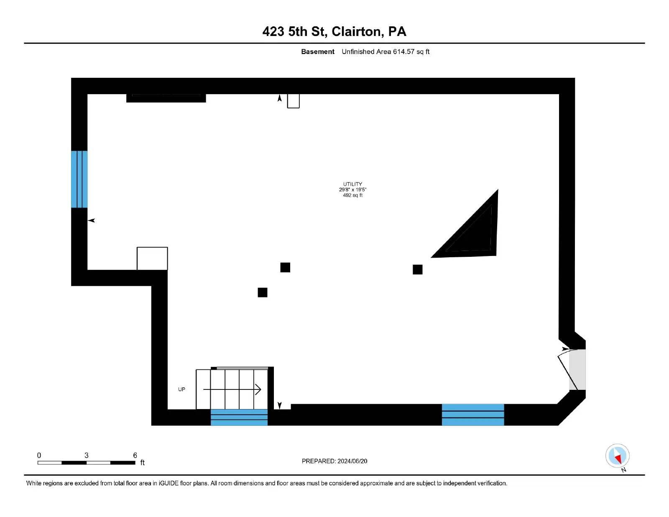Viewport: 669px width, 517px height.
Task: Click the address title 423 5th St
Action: [x=294, y=32]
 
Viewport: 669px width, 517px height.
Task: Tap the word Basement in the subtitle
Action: [x=317, y=52]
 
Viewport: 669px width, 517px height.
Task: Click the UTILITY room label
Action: [x=352, y=184]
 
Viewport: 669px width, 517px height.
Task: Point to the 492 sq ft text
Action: [x=352, y=195]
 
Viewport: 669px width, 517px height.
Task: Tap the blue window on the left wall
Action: [x=79, y=179]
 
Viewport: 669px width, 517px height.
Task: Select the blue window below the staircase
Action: [x=239, y=417]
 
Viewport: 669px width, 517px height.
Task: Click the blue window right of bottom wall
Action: [x=472, y=415]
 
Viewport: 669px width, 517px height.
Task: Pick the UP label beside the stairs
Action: [x=181, y=389]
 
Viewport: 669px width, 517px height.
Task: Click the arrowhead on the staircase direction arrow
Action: [x=258, y=389]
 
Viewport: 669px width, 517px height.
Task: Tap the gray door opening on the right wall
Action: [x=577, y=369]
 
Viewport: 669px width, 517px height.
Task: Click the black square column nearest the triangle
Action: [x=417, y=269]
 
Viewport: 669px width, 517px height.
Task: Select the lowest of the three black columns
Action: [x=262, y=292]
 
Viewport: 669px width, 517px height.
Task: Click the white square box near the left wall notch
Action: [x=152, y=258]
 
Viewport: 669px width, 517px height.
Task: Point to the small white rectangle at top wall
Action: [x=293, y=101]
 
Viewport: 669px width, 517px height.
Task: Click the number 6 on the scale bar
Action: [x=135, y=455]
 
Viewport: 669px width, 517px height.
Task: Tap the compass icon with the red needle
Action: [x=617, y=456]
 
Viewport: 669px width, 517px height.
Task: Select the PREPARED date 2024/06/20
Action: [x=352, y=461]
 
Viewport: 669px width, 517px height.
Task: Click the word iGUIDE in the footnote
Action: [x=169, y=483]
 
